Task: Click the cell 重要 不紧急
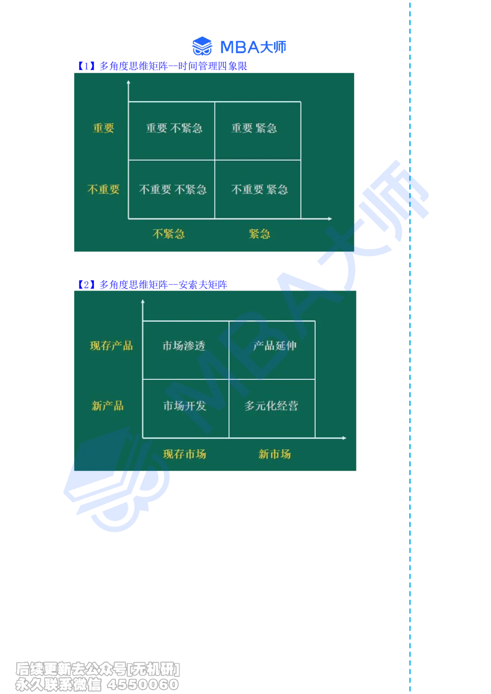coord(174,129)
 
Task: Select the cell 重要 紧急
coord(254,129)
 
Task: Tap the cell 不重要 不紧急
coord(173,190)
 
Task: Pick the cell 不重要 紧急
coord(259,190)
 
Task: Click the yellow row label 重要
coord(104,128)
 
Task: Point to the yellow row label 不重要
coord(104,189)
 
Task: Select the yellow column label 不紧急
coord(168,234)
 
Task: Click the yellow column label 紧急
coord(259,234)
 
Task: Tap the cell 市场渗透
coord(184,346)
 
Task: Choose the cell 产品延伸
coord(274,346)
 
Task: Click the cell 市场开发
coord(185,406)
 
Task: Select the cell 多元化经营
coord(272,406)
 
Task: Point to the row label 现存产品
coord(111,346)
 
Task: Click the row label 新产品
coord(108,406)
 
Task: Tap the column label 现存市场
coord(185,454)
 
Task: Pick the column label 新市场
coord(274,454)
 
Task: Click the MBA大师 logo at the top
coord(239,47)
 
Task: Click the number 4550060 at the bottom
coord(143,685)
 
